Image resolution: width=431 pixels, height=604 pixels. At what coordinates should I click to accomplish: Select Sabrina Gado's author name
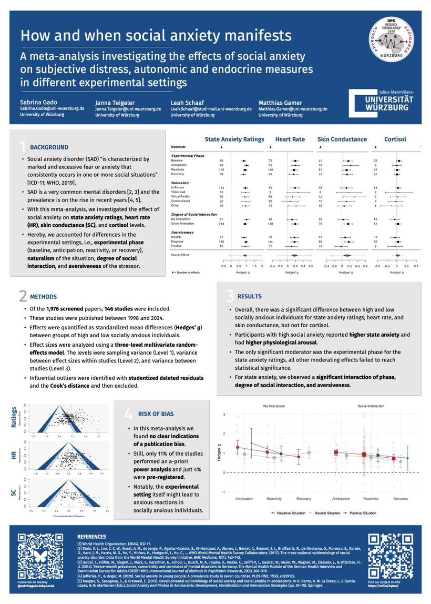click(x=38, y=102)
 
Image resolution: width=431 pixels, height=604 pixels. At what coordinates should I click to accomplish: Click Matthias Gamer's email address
click(x=293, y=109)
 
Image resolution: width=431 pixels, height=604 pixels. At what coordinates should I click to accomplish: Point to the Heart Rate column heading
click(x=290, y=139)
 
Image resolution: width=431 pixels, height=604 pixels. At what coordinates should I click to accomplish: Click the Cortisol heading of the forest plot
click(x=395, y=139)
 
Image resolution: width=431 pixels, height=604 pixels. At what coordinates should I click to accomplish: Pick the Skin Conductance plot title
click(x=342, y=139)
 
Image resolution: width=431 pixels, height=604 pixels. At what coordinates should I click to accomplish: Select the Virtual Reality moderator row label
click(x=182, y=196)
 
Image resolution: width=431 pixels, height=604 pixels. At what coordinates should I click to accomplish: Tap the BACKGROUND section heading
click(x=49, y=147)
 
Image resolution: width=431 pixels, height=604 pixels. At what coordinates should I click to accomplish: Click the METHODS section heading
click(x=43, y=297)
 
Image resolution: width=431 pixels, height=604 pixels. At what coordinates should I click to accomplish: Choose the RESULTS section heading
click(x=249, y=297)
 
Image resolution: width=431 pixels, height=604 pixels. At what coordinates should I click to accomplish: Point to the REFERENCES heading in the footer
click(x=91, y=537)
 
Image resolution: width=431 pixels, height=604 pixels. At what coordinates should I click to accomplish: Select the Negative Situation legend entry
click(x=291, y=513)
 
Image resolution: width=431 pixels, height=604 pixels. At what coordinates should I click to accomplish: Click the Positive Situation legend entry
click(x=363, y=513)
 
